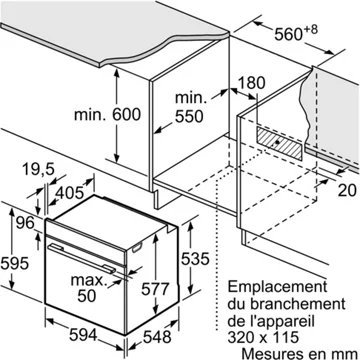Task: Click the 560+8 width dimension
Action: [296, 33]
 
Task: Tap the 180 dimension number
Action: [252, 83]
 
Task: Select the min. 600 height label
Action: [107, 115]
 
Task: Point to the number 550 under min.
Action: [189, 116]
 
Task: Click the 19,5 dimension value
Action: [39, 170]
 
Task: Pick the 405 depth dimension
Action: [69, 193]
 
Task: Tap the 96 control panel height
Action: [25, 223]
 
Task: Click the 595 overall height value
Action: [14, 264]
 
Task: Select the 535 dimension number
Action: [195, 259]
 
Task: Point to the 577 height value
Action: [155, 289]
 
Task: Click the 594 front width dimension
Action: [83, 335]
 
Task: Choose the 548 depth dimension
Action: [157, 337]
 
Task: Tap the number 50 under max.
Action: [87, 296]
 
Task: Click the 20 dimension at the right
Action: [348, 191]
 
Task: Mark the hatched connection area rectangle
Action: [280, 143]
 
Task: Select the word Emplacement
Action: [277, 288]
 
